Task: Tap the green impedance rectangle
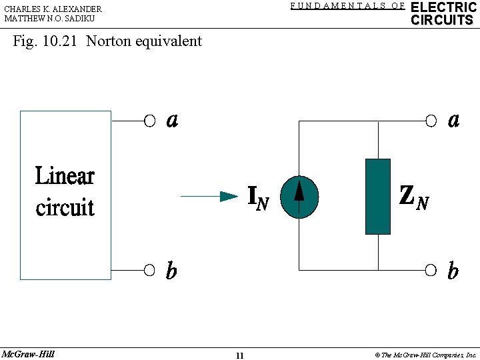[x=377, y=197]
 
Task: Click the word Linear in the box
[x=65, y=176]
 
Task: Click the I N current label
[x=258, y=197]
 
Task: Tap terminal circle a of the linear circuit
[x=150, y=121]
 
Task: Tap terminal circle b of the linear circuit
[x=150, y=270]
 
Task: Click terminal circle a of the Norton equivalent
[x=431, y=121]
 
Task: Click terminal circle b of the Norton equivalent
[x=431, y=270]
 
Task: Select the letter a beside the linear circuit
[x=172, y=120]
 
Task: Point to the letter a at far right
[x=453, y=120]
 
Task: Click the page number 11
[x=239, y=355]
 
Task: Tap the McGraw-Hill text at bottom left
[x=28, y=354]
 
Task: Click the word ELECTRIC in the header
[x=443, y=7]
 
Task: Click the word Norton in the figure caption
[x=109, y=41]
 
